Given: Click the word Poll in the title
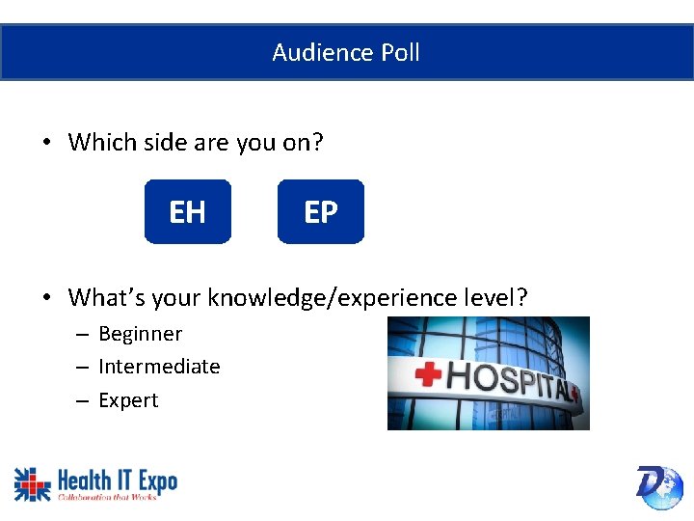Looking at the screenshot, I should tap(398, 52).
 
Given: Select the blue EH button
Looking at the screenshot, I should tap(188, 211).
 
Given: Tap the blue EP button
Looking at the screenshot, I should tap(321, 211).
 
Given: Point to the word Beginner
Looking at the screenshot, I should tap(140, 334).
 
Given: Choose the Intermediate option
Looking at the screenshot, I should tap(159, 367).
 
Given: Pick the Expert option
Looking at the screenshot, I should tap(128, 400).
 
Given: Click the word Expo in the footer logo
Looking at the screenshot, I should tap(154, 480).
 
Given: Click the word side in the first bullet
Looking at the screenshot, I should tap(155, 143).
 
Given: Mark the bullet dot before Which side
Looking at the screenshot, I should tap(46, 144).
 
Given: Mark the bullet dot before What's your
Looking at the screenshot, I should tap(46, 298).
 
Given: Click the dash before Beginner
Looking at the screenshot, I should tap(84, 335).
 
